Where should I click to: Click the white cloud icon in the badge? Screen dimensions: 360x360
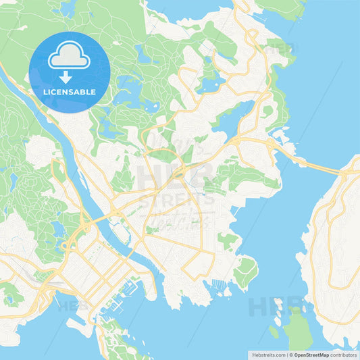(x=70, y=56)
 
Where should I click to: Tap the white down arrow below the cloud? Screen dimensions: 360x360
(x=66, y=76)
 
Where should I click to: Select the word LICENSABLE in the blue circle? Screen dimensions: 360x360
(x=70, y=92)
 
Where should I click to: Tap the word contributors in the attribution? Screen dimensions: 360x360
(x=344, y=354)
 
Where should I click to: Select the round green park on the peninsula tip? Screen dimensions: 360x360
(x=245, y=270)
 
